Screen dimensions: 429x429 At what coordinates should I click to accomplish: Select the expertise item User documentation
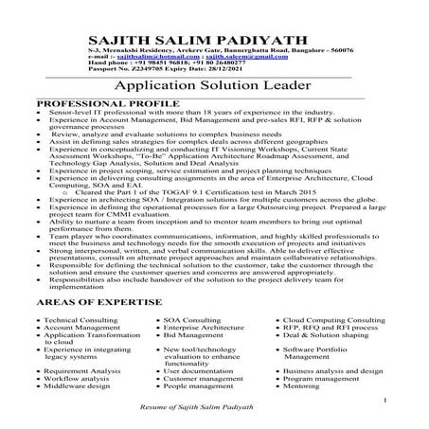[197, 372]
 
